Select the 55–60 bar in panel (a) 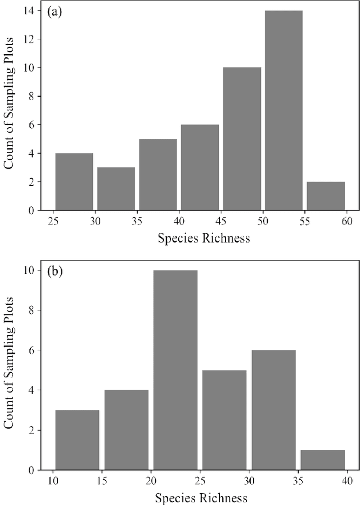(326, 196)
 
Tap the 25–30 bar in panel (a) (74, 182)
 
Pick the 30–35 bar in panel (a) (116, 188)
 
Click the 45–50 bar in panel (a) (242, 139)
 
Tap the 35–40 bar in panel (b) (322, 459)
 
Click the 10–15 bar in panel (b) (77, 440)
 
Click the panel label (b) (55, 272)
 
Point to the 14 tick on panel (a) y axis (35, 11)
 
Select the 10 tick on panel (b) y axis (35, 270)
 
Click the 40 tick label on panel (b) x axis (346, 481)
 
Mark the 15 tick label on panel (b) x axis (102, 481)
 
